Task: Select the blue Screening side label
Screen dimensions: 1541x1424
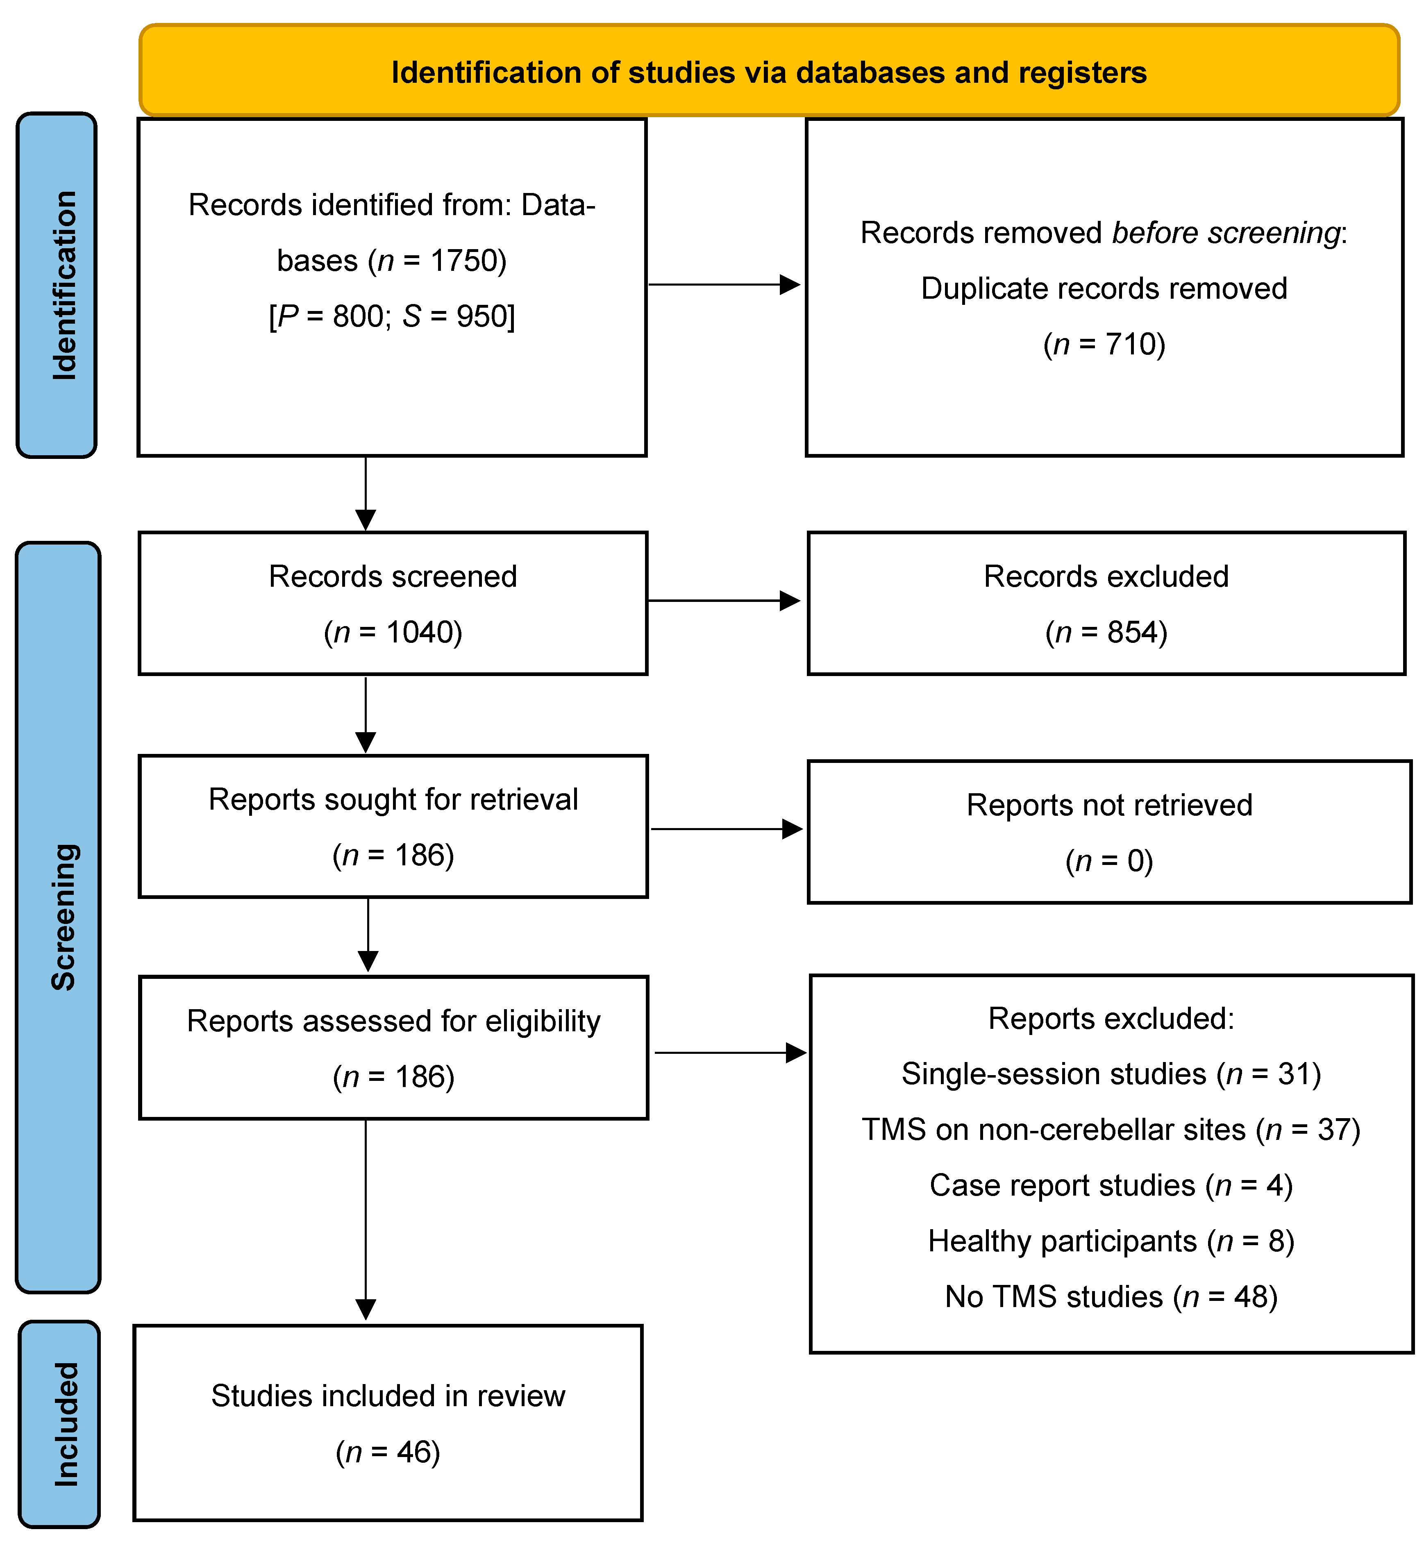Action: tap(64, 917)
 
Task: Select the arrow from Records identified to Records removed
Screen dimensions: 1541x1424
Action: tap(724, 284)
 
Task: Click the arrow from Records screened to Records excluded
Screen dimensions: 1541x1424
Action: tap(724, 600)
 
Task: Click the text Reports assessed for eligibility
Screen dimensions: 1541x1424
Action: tap(393, 1021)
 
